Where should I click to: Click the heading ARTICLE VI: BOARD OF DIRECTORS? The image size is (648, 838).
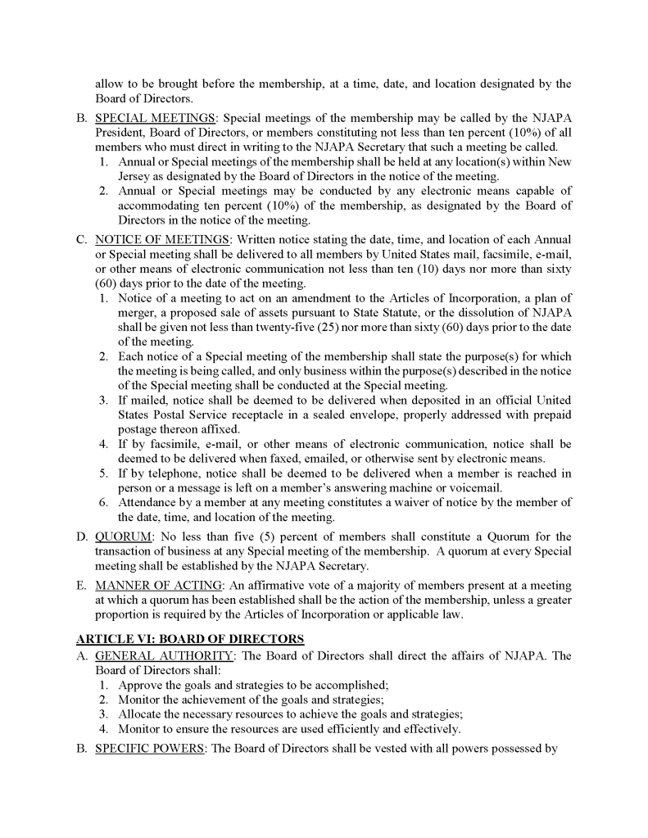click(x=190, y=638)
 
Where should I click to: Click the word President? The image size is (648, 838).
click(x=120, y=134)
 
